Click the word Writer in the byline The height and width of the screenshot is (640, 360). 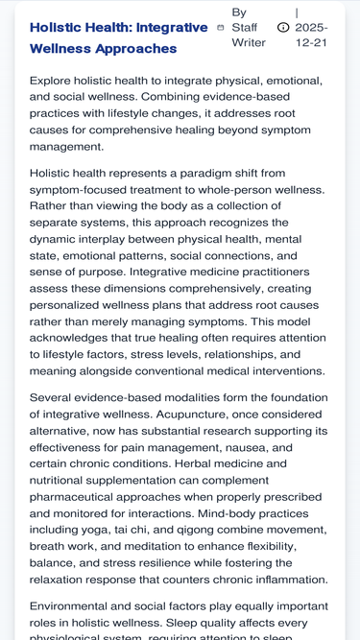[249, 43]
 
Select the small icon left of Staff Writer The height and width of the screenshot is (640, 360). [221, 28]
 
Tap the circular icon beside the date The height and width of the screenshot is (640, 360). [283, 28]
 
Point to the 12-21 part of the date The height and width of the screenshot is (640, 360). [311, 43]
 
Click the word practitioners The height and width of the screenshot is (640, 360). [276, 272]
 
